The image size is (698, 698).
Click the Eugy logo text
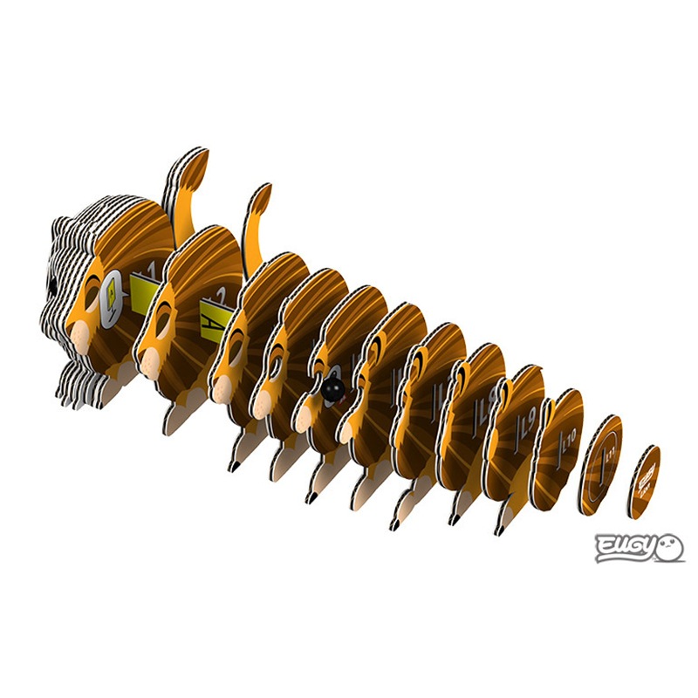coord(622,547)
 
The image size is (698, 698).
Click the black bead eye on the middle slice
coord(331,390)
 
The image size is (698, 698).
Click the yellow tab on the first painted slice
coord(141,288)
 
